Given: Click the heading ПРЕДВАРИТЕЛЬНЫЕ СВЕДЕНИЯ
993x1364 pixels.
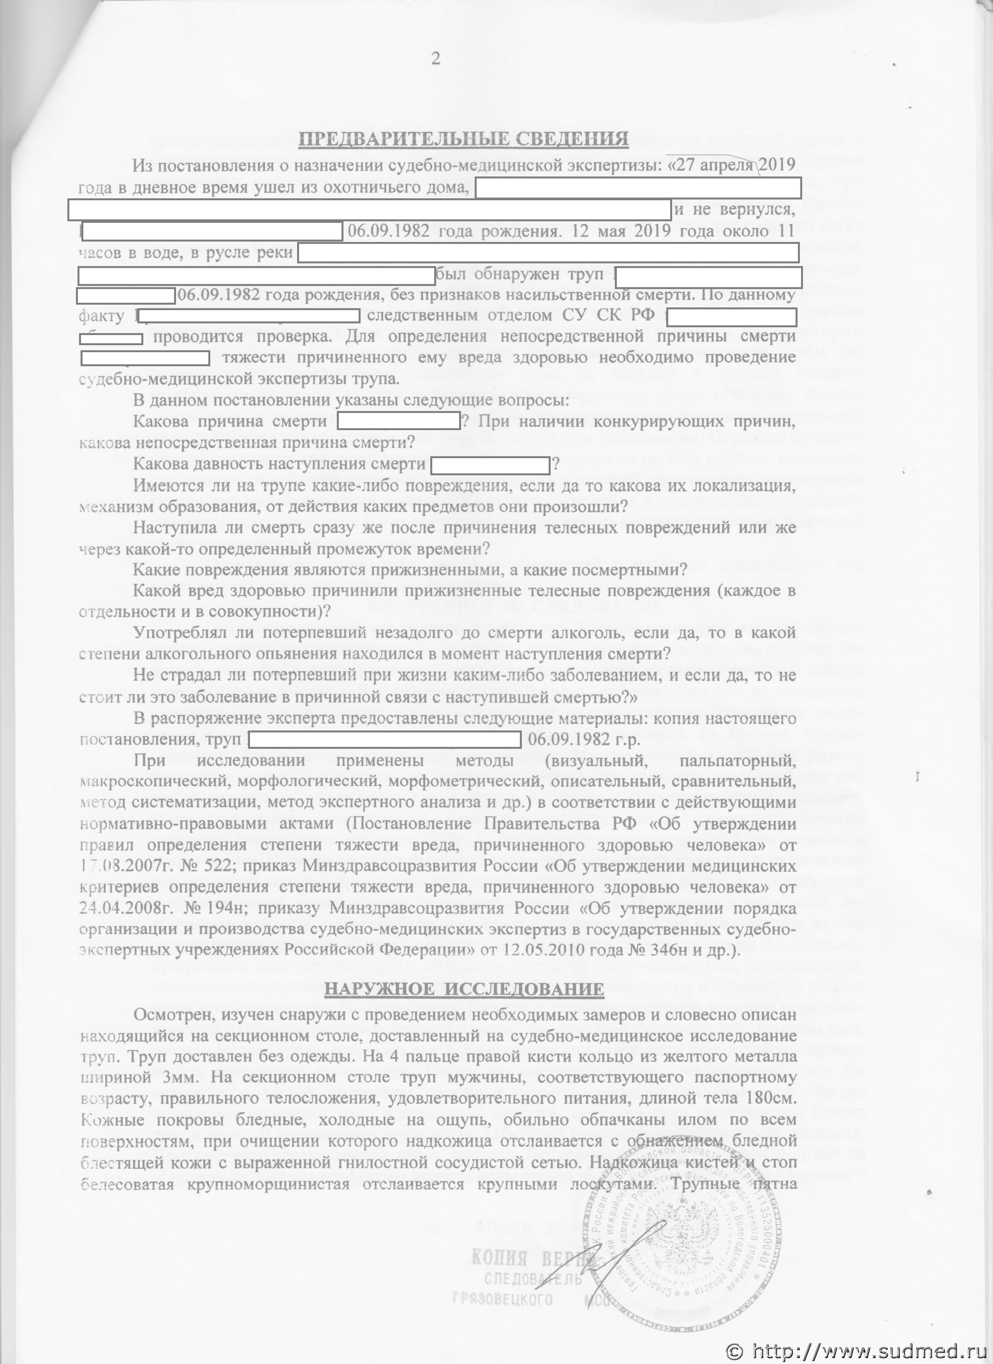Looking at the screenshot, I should point(463,141).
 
